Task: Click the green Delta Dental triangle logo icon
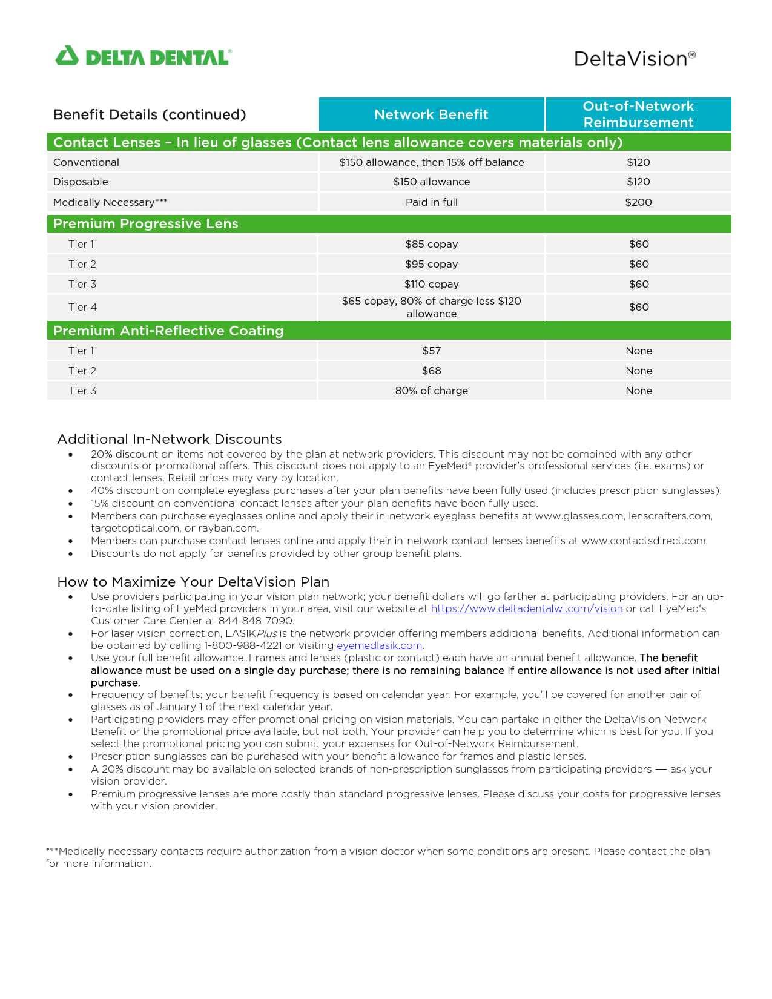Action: [67, 56]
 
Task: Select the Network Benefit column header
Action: [431, 114]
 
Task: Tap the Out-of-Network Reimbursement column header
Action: [638, 114]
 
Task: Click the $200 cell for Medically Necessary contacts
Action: [638, 202]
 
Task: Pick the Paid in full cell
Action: [431, 202]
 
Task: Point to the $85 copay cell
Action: [431, 244]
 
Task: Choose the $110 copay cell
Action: [431, 284]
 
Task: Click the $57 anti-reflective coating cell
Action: [431, 351]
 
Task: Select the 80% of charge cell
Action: [431, 391]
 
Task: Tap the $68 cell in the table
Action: [431, 371]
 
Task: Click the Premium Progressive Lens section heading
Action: [146, 224]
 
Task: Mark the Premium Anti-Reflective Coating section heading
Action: [168, 331]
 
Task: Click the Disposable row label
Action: [81, 182]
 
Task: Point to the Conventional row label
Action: [86, 162]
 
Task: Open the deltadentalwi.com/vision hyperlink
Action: [526, 608]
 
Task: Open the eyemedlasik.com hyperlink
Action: [379, 645]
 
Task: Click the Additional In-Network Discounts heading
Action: [170, 439]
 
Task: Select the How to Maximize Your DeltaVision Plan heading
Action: [193, 582]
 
